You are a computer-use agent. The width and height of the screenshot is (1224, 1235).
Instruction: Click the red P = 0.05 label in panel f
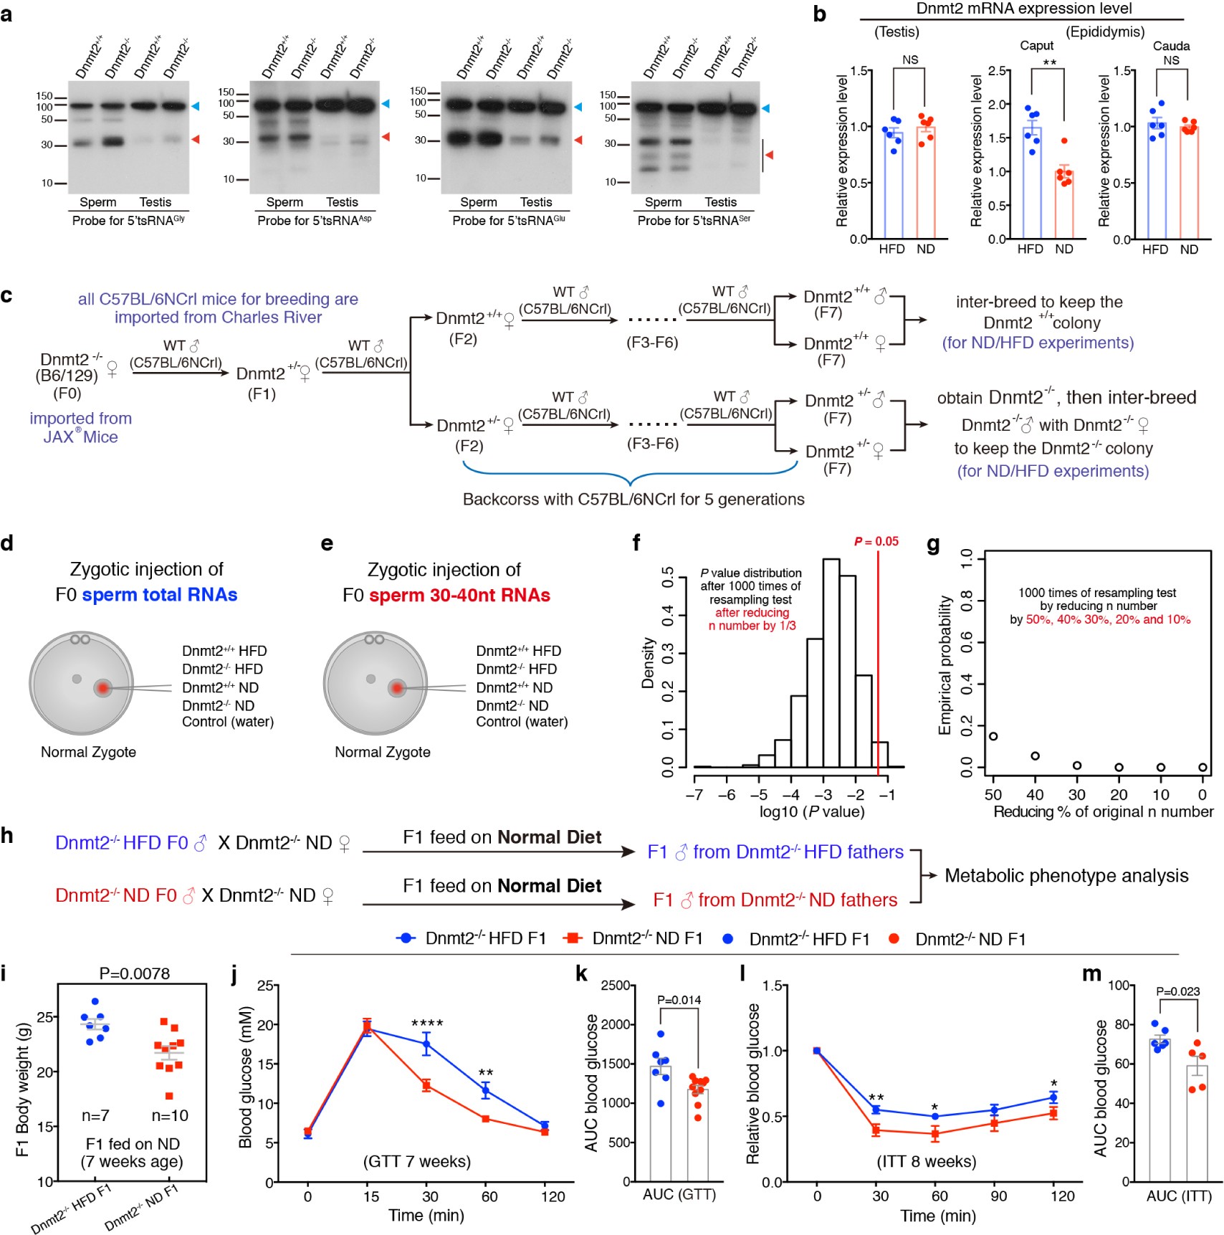[876, 541]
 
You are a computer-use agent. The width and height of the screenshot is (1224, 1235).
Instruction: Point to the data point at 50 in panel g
[993, 736]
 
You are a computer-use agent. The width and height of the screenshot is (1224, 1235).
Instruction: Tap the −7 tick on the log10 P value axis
[694, 795]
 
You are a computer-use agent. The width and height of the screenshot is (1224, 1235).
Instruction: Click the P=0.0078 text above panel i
[134, 973]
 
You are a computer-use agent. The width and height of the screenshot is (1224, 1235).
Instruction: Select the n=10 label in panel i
[170, 1115]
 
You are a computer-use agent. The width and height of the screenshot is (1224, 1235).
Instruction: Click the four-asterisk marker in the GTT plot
[427, 1024]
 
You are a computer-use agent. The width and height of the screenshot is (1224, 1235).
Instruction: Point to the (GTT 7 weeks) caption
[417, 1161]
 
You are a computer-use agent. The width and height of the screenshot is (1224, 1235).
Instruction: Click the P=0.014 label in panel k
[679, 1000]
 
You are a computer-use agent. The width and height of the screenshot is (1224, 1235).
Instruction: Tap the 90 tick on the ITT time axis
[998, 1196]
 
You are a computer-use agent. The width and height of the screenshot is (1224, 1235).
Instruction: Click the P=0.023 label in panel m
[1178, 991]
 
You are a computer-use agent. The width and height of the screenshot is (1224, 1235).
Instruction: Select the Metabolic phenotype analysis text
[1066, 875]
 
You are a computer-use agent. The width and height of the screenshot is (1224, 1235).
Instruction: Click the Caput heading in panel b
[1036, 46]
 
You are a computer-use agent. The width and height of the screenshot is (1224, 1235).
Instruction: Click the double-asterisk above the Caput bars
[1049, 63]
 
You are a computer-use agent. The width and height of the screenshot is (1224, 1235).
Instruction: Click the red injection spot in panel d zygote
[103, 688]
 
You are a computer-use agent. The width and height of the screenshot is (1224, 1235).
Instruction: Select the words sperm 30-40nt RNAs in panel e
[459, 595]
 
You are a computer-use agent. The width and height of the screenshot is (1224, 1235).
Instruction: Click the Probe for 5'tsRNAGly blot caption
[128, 221]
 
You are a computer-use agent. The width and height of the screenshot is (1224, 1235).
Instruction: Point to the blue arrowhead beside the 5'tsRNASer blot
[765, 108]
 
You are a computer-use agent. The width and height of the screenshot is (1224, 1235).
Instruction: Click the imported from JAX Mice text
[80, 427]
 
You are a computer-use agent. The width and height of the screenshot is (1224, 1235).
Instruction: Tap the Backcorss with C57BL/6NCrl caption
[633, 499]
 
